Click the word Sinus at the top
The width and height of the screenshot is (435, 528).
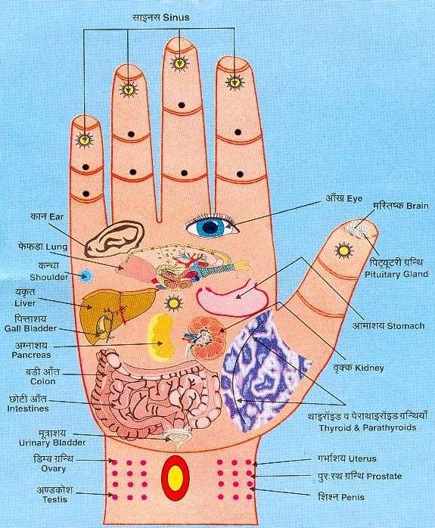[176, 17]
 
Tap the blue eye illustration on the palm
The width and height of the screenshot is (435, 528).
[211, 225]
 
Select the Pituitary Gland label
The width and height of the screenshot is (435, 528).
[396, 274]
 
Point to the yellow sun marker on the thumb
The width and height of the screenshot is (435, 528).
[343, 250]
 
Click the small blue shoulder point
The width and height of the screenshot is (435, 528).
[85, 276]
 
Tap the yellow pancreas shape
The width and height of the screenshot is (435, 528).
[161, 336]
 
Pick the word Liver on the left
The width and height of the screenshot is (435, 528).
[25, 303]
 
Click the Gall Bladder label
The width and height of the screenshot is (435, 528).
[30, 328]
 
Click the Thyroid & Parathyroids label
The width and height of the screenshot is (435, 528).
[368, 428]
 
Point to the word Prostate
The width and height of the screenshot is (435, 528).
[384, 477]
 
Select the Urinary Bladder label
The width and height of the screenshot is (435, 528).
[52, 443]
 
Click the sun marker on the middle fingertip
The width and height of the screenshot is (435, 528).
[179, 63]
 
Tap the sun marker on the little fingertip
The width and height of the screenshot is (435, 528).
[84, 139]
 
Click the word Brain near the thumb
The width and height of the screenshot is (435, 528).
[417, 206]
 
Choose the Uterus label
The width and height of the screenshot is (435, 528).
[362, 458]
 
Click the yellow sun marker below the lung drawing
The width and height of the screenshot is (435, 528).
[174, 303]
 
